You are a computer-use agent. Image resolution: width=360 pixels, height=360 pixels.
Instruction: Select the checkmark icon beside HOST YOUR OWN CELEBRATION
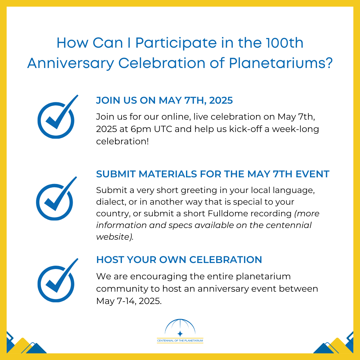(x=56, y=280)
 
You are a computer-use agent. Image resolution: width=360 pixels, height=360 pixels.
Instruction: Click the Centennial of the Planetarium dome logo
(x=180, y=331)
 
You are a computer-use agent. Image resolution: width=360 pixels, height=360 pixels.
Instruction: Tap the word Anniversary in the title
(x=70, y=63)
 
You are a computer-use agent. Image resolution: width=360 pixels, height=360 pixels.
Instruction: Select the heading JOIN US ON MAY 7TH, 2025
(x=164, y=100)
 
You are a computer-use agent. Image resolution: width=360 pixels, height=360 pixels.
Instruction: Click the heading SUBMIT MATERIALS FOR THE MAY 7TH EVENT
(x=213, y=174)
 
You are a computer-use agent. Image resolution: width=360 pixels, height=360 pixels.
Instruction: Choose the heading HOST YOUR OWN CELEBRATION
(x=179, y=259)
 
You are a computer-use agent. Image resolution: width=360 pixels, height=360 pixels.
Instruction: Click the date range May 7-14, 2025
(x=129, y=301)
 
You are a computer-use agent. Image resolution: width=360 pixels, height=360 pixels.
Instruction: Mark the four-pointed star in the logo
(x=180, y=333)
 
